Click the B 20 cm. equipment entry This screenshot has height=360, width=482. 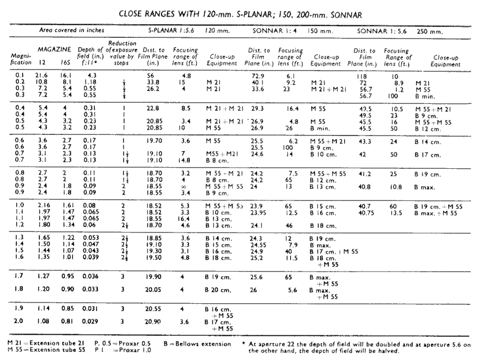pyautogui.click(x=218, y=291)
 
